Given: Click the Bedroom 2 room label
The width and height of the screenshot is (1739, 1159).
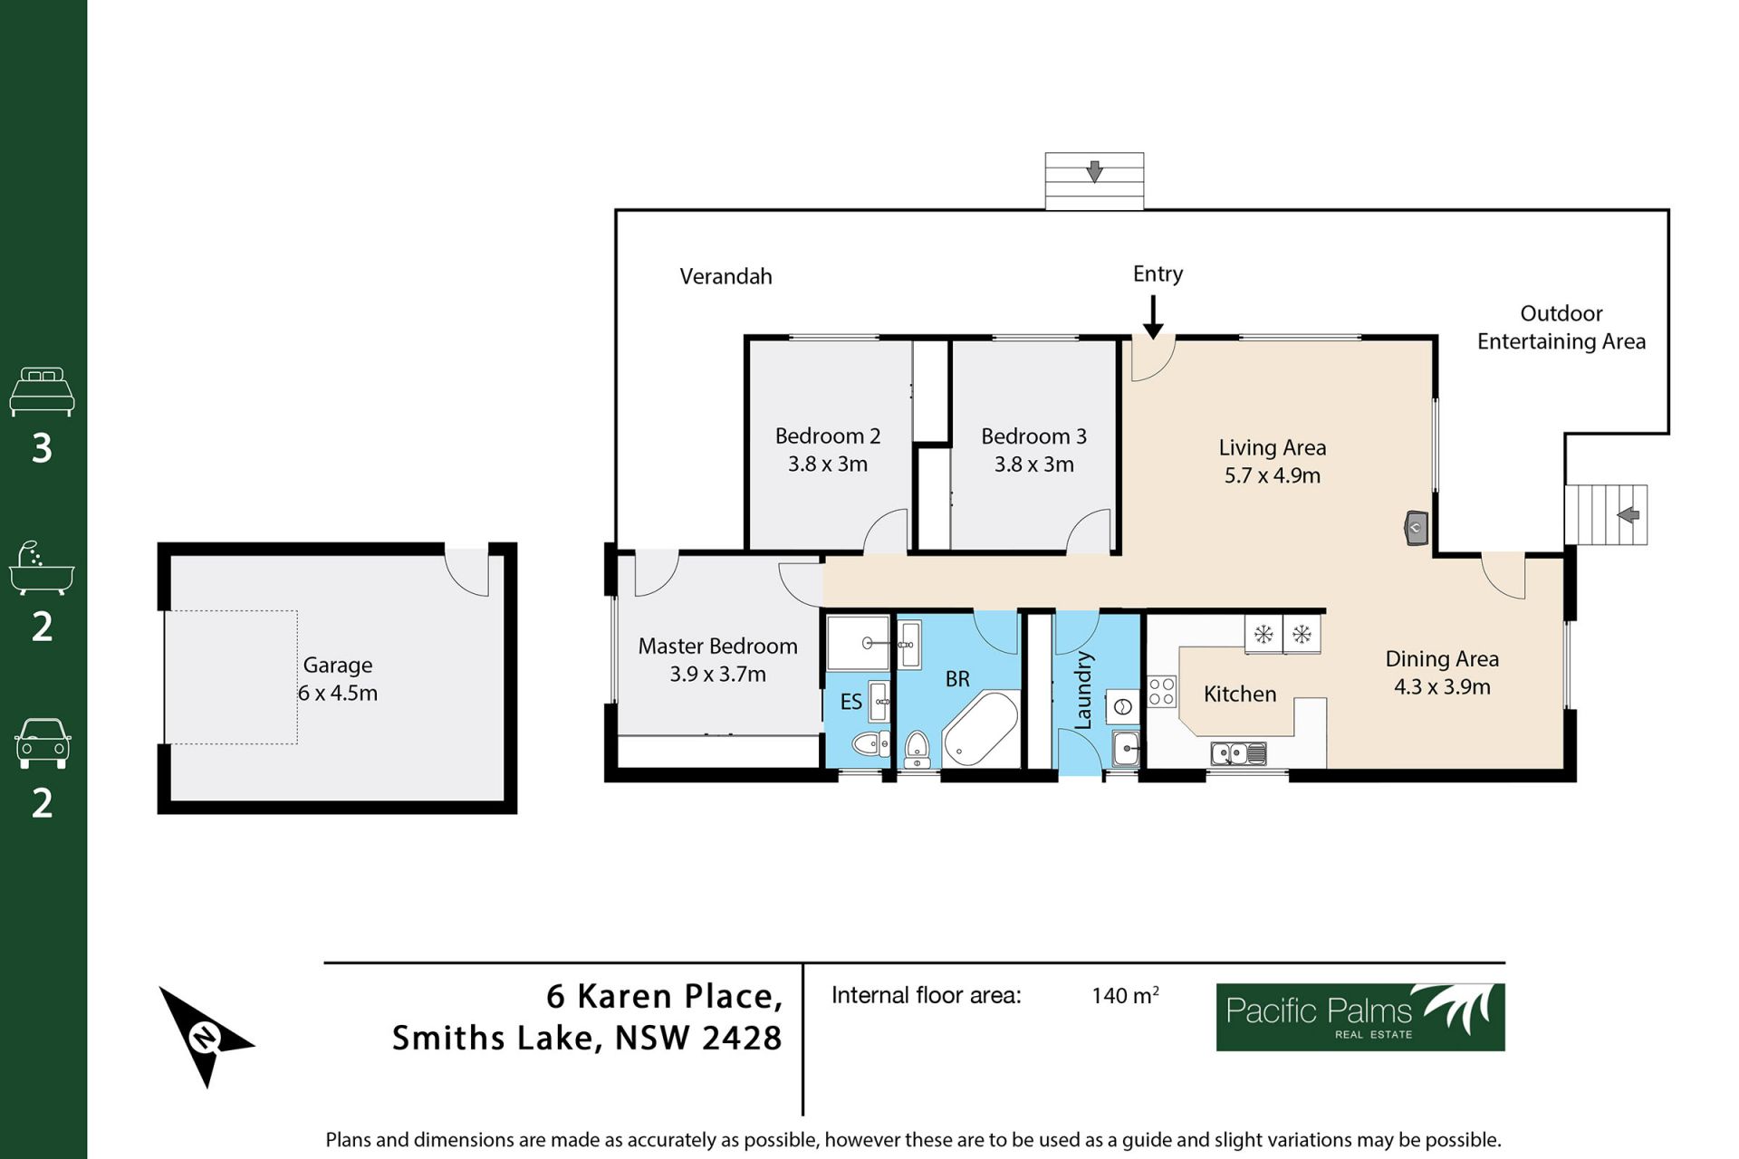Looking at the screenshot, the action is [828, 436].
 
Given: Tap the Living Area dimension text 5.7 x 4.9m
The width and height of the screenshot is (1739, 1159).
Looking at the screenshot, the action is [1273, 475].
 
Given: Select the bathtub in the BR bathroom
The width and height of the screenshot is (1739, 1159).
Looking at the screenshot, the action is [981, 730].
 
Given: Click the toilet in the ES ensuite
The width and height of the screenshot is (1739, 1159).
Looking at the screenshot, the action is [871, 744].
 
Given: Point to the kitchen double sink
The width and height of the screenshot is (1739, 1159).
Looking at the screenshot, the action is [1238, 752].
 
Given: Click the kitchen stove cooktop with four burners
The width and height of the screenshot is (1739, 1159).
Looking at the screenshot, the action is [1161, 691].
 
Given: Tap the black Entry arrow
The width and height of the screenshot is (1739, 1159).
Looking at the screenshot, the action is [1153, 317].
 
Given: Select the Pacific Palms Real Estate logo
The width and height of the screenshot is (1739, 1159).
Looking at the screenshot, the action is [1360, 1017].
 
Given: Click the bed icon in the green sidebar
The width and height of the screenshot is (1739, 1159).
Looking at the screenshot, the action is [42, 391].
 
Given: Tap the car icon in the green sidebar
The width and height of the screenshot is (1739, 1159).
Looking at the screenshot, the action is [42, 743].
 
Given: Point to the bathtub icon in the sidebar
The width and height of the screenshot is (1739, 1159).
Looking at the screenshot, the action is [42, 569].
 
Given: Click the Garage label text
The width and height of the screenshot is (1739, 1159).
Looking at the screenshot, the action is [338, 666].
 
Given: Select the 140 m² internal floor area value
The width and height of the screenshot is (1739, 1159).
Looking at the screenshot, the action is [1125, 995].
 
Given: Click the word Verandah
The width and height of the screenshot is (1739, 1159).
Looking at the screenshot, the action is [725, 276].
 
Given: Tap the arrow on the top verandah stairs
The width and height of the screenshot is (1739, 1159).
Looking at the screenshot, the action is [1094, 171].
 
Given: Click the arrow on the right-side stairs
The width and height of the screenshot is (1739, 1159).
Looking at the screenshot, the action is [1628, 515].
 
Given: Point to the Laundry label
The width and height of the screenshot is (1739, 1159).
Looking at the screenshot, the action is [1083, 690].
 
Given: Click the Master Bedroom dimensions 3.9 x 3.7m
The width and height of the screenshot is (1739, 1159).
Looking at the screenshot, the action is [717, 674].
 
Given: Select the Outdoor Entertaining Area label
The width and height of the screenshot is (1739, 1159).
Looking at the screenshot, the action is [1561, 327].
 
